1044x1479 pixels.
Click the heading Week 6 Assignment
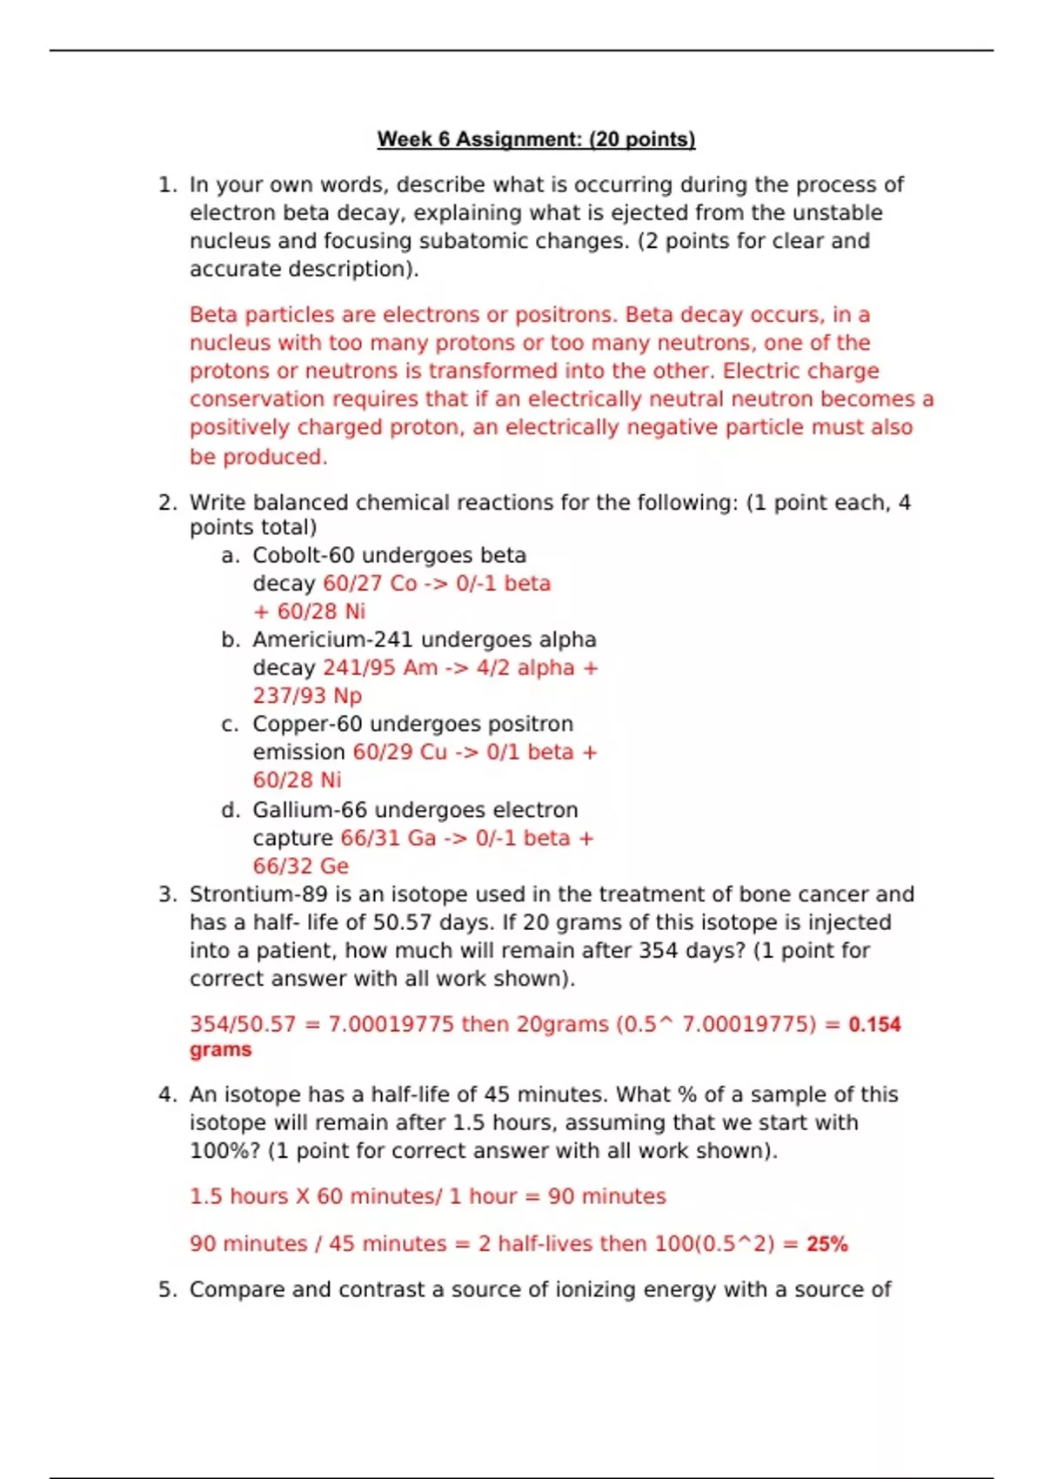(x=536, y=139)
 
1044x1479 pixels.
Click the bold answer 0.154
(x=874, y=1024)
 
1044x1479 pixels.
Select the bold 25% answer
(x=826, y=1244)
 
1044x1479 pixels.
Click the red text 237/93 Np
(x=307, y=696)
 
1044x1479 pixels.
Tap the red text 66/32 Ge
(x=300, y=867)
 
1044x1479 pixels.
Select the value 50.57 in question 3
(x=400, y=922)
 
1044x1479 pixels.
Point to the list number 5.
(x=167, y=1289)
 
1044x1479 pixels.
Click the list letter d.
(x=230, y=810)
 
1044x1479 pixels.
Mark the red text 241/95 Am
(x=380, y=668)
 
